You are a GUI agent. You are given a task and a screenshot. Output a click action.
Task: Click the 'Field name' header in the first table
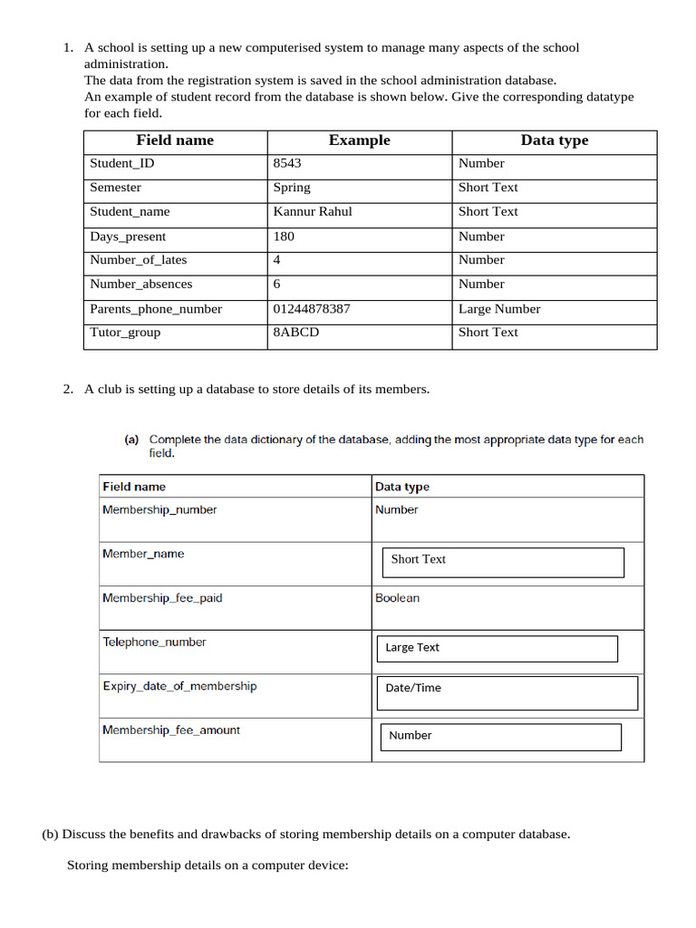[175, 140]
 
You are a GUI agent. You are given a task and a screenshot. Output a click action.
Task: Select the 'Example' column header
[359, 140]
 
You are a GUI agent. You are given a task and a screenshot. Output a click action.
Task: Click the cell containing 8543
[287, 163]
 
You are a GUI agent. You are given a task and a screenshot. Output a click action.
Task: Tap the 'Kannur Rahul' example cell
[313, 211]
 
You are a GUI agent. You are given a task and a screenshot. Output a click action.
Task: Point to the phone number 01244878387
[312, 308]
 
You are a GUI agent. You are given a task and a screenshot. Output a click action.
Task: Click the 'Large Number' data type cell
[499, 308]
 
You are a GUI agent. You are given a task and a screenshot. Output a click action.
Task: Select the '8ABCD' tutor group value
[296, 332]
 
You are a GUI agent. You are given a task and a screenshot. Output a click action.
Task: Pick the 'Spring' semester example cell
[292, 188]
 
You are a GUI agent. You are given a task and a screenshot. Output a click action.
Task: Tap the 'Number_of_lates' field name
[139, 260]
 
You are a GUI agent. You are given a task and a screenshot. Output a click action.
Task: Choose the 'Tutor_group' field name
[125, 332]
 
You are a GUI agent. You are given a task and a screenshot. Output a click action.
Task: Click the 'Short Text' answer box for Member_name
[503, 562]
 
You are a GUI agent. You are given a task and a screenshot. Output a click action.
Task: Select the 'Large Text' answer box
[497, 648]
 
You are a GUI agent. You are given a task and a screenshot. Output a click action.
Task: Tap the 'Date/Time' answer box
[507, 692]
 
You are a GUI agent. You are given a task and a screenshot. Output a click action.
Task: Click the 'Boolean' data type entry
[397, 598]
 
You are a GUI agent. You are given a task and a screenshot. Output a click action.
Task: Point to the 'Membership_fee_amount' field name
[171, 730]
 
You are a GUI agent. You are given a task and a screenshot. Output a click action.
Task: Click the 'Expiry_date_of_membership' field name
[179, 686]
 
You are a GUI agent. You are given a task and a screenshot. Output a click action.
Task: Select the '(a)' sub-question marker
[131, 440]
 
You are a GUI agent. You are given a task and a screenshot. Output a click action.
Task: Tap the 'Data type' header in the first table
[554, 140]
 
